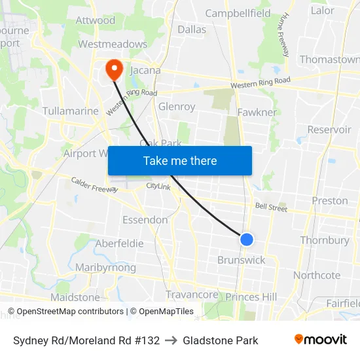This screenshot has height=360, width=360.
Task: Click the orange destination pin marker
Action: [x=114, y=69]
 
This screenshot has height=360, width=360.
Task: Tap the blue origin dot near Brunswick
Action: [x=247, y=240]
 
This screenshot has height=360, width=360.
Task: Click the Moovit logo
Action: [x=321, y=340]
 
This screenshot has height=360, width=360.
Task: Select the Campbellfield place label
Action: [x=238, y=13]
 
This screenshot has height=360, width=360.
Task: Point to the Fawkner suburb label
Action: [x=257, y=113]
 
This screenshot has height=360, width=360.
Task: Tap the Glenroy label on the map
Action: [x=177, y=107]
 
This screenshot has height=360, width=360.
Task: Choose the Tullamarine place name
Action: [x=70, y=111]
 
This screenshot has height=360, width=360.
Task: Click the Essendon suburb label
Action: [x=145, y=220]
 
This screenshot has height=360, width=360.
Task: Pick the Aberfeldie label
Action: [x=119, y=243]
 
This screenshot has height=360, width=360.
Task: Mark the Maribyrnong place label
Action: [x=105, y=268]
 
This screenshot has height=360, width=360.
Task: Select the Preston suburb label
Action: [x=330, y=201]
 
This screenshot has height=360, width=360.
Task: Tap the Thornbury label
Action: [x=325, y=240]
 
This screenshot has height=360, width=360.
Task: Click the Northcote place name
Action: [x=317, y=276]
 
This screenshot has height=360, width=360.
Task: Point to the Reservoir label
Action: [x=329, y=130]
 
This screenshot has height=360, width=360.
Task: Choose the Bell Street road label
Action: [x=271, y=207]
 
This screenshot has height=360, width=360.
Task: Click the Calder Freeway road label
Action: [x=94, y=185]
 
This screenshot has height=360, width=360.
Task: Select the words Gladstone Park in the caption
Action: [x=221, y=340]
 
